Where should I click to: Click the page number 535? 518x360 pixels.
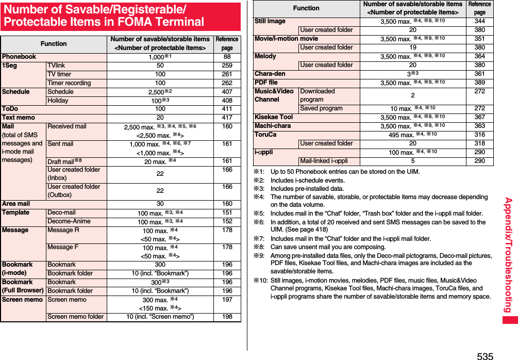[x=484, y=355]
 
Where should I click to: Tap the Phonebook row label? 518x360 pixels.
[x=19, y=57]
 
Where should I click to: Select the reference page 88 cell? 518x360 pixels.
[x=227, y=57]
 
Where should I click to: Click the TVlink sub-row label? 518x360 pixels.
[x=56, y=66]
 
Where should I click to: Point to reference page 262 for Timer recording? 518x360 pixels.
[x=227, y=83]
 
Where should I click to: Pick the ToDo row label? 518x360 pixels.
[x=10, y=109]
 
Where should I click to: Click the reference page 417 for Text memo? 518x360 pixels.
[x=227, y=118]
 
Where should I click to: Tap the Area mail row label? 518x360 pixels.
[x=16, y=204]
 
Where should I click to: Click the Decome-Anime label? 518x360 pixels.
[x=69, y=221]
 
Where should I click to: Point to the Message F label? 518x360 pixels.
[x=63, y=248]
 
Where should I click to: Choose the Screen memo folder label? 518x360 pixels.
[x=75, y=317]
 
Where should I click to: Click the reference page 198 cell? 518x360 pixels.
[x=227, y=317]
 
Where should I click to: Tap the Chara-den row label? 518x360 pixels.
[x=270, y=74]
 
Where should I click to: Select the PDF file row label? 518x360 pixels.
[x=266, y=83]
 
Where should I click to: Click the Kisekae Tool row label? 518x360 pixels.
[x=274, y=117]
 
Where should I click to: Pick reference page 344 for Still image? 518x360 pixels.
[x=479, y=21]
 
